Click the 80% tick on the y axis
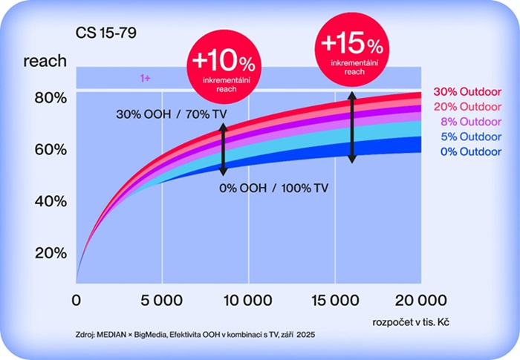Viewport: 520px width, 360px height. point(51,97)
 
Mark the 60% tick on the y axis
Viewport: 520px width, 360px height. point(51,149)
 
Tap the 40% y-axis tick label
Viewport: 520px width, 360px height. point(51,201)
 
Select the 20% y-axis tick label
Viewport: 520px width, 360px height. point(51,252)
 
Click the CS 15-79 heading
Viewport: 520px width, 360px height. point(104,33)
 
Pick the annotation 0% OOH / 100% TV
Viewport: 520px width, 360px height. point(274,188)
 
